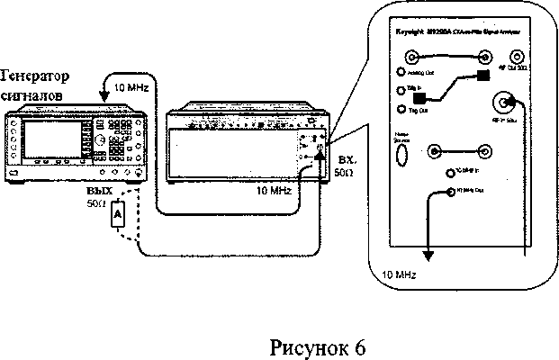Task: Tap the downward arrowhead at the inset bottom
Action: pos(428,256)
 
